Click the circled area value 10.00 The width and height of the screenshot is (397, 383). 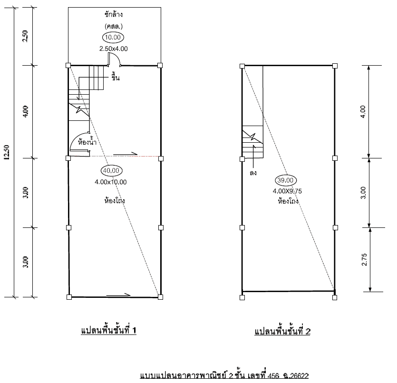coord(113,37)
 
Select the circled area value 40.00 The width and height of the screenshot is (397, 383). coord(111,170)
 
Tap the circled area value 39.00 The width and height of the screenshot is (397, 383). coord(286,180)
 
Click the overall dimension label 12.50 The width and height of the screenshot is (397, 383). coord(7,152)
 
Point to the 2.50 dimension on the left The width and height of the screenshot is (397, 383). coord(25,36)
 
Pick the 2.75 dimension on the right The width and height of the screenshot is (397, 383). coord(364,259)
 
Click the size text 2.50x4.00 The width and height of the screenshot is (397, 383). coord(114,49)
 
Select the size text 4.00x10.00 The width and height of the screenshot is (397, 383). coord(111,182)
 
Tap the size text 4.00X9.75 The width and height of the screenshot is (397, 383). coord(287,191)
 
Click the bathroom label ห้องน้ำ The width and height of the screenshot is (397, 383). coord(87,142)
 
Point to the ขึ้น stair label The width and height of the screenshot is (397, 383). coord(116,77)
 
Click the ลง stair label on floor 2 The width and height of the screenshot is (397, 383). coord(253,173)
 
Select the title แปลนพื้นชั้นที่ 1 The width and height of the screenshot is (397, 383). coord(108,330)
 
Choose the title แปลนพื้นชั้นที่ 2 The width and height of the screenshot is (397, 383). coord(282,331)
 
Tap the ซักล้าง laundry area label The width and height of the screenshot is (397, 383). coord(114,14)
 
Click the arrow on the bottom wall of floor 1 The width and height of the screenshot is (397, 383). coord(118,295)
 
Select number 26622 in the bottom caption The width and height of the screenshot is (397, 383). coord(299,376)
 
